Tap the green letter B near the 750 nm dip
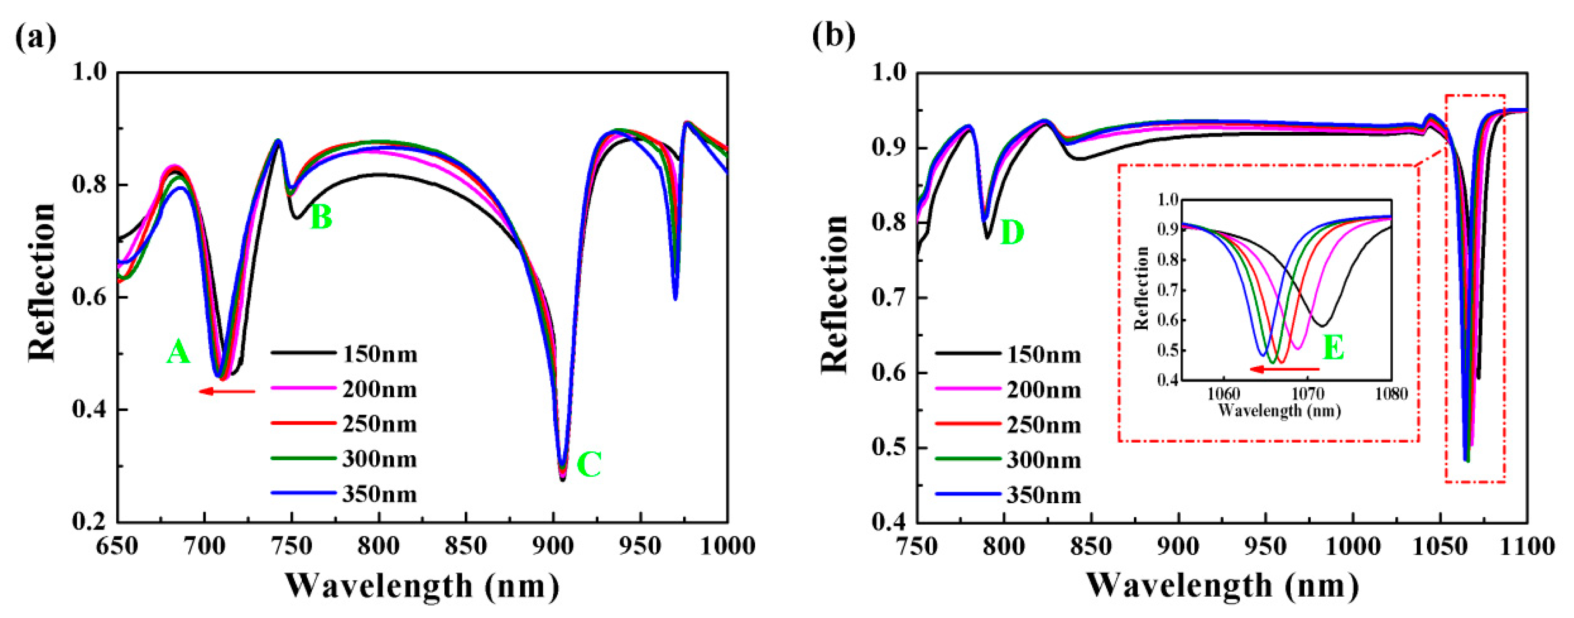click(321, 217)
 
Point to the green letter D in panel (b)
click(1012, 233)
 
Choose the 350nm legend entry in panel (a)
click(379, 494)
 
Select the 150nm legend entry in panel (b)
click(1044, 354)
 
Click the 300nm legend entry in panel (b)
click(1044, 459)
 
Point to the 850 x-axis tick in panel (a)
click(466, 545)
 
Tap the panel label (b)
click(834, 37)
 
